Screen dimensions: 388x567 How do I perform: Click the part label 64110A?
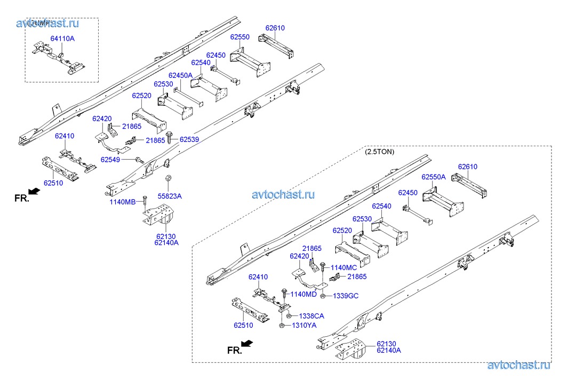pos(62,38)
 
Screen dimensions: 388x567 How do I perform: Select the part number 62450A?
pos(180,75)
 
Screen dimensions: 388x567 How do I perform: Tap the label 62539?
pos(189,139)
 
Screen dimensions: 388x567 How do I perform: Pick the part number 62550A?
pos(434,177)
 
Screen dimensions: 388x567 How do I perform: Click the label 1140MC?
pos(344,267)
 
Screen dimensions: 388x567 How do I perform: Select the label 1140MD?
pos(304,294)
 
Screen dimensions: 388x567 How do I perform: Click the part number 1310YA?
pos(304,326)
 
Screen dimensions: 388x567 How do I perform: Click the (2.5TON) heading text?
pos(380,152)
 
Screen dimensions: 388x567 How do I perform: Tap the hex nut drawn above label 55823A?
pos(167,178)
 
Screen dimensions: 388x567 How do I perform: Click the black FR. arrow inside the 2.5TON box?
pos(247,343)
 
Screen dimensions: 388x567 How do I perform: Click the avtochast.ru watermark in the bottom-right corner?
pos(518,365)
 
